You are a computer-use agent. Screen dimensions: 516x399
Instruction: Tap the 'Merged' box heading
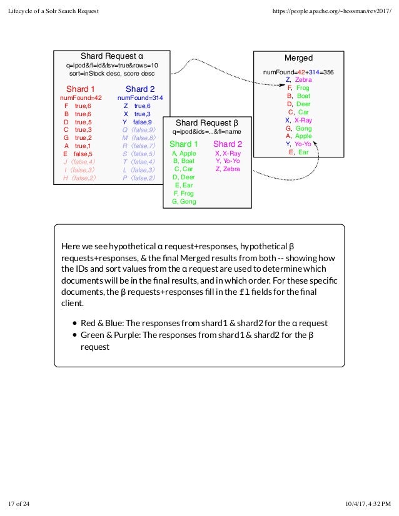pyautogui.click(x=298, y=57)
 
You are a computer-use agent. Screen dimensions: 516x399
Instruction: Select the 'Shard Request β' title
pyautogui.click(x=206, y=122)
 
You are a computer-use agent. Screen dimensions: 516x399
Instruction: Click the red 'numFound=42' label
pyautogui.click(x=81, y=98)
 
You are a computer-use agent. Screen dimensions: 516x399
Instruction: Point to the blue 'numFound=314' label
pyautogui.click(x=140, y=98)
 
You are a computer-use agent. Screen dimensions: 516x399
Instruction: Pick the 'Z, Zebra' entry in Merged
pyautogui.click(x=298, y=80)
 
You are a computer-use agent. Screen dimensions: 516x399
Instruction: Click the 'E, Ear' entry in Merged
pyautogui.click(x=298, y=152)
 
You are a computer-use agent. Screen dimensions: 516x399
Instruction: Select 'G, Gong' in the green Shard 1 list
pyautogui.click(x=184, y=201)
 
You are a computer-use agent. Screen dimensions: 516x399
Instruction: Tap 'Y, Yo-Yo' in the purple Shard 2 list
pyautogui.click(x=228, y=161)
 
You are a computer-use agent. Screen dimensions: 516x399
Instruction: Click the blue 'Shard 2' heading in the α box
pyautogui.click(x=140, y=89)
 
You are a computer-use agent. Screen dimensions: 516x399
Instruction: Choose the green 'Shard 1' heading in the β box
pyautogui.click(x=184, y=144)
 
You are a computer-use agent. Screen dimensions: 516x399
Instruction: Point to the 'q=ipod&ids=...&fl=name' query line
pyautogui.click(x=206, y=132)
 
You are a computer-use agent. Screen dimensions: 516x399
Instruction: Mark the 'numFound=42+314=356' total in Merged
pyautogui.click(x=298, y=72)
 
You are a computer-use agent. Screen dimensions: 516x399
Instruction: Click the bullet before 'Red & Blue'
pyautogui.click(x=74, y=323)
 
